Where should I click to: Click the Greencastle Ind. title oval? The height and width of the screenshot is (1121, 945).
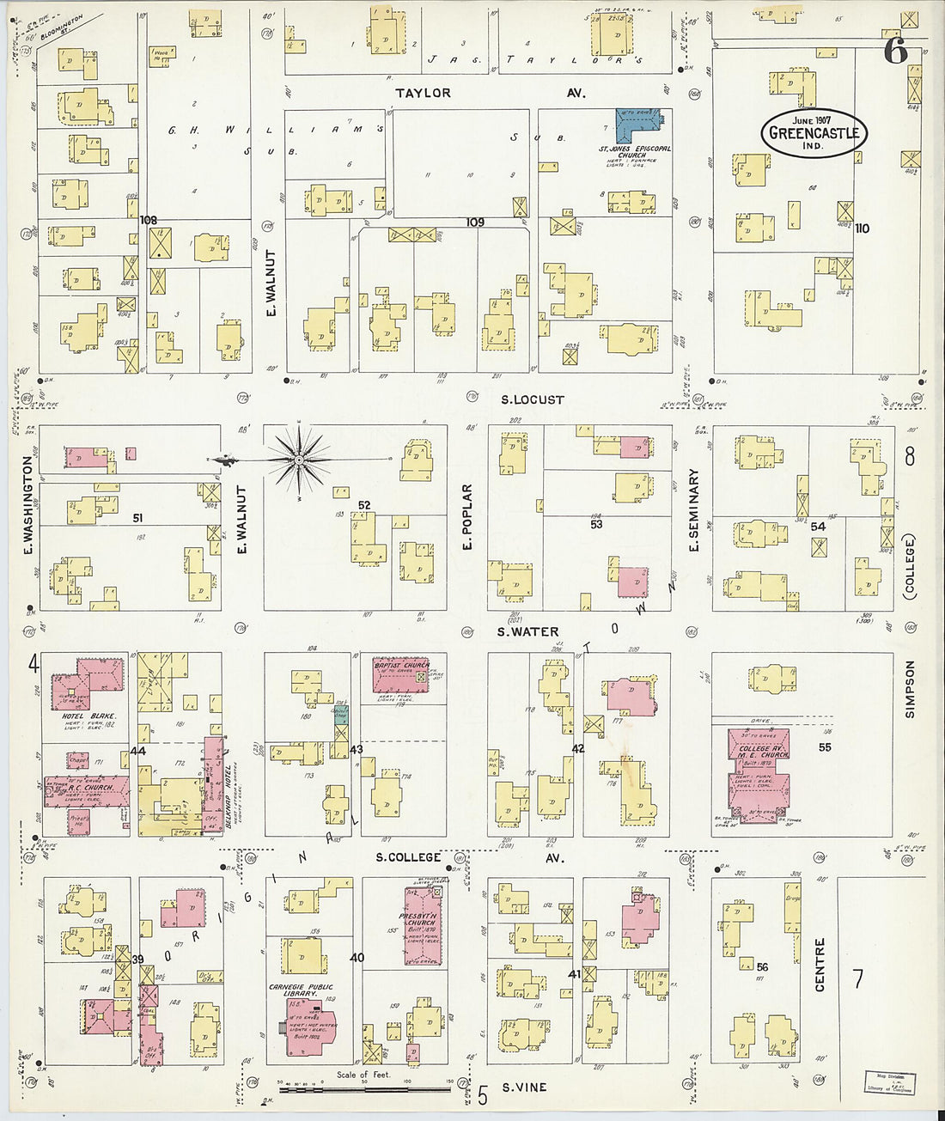(814, 133)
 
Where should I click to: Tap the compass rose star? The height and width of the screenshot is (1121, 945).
(298, 460)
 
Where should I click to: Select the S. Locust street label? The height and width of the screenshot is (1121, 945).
(533, 399)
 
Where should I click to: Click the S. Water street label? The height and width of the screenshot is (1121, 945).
(527, 632)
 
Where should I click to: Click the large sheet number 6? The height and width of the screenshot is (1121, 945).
(894, 52)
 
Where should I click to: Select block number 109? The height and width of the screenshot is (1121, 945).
(475, 222)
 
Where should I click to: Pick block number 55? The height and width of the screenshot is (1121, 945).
(825, 747)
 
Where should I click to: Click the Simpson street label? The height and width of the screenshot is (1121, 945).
(910, 688)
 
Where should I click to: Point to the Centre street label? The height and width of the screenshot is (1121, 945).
(820, 965)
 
